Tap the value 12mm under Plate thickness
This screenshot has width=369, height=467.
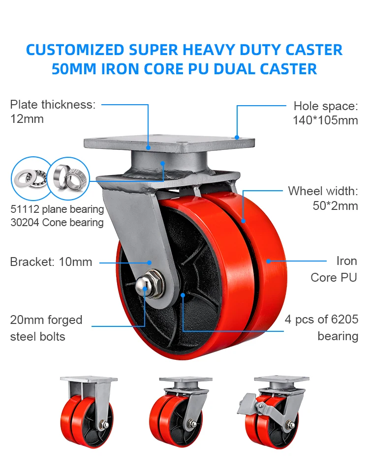point(27,118)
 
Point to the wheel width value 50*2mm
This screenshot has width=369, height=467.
point(336,205)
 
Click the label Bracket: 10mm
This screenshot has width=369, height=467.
point(51,262)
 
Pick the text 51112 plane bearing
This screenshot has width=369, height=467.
point(57,209)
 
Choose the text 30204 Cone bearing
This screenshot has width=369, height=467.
point(57,223)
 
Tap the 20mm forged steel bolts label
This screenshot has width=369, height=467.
point(46,328)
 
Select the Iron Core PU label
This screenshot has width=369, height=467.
point(334,269)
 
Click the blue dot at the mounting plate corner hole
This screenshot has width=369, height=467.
point(237,138)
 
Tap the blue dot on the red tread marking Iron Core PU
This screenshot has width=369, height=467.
point(268,261)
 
